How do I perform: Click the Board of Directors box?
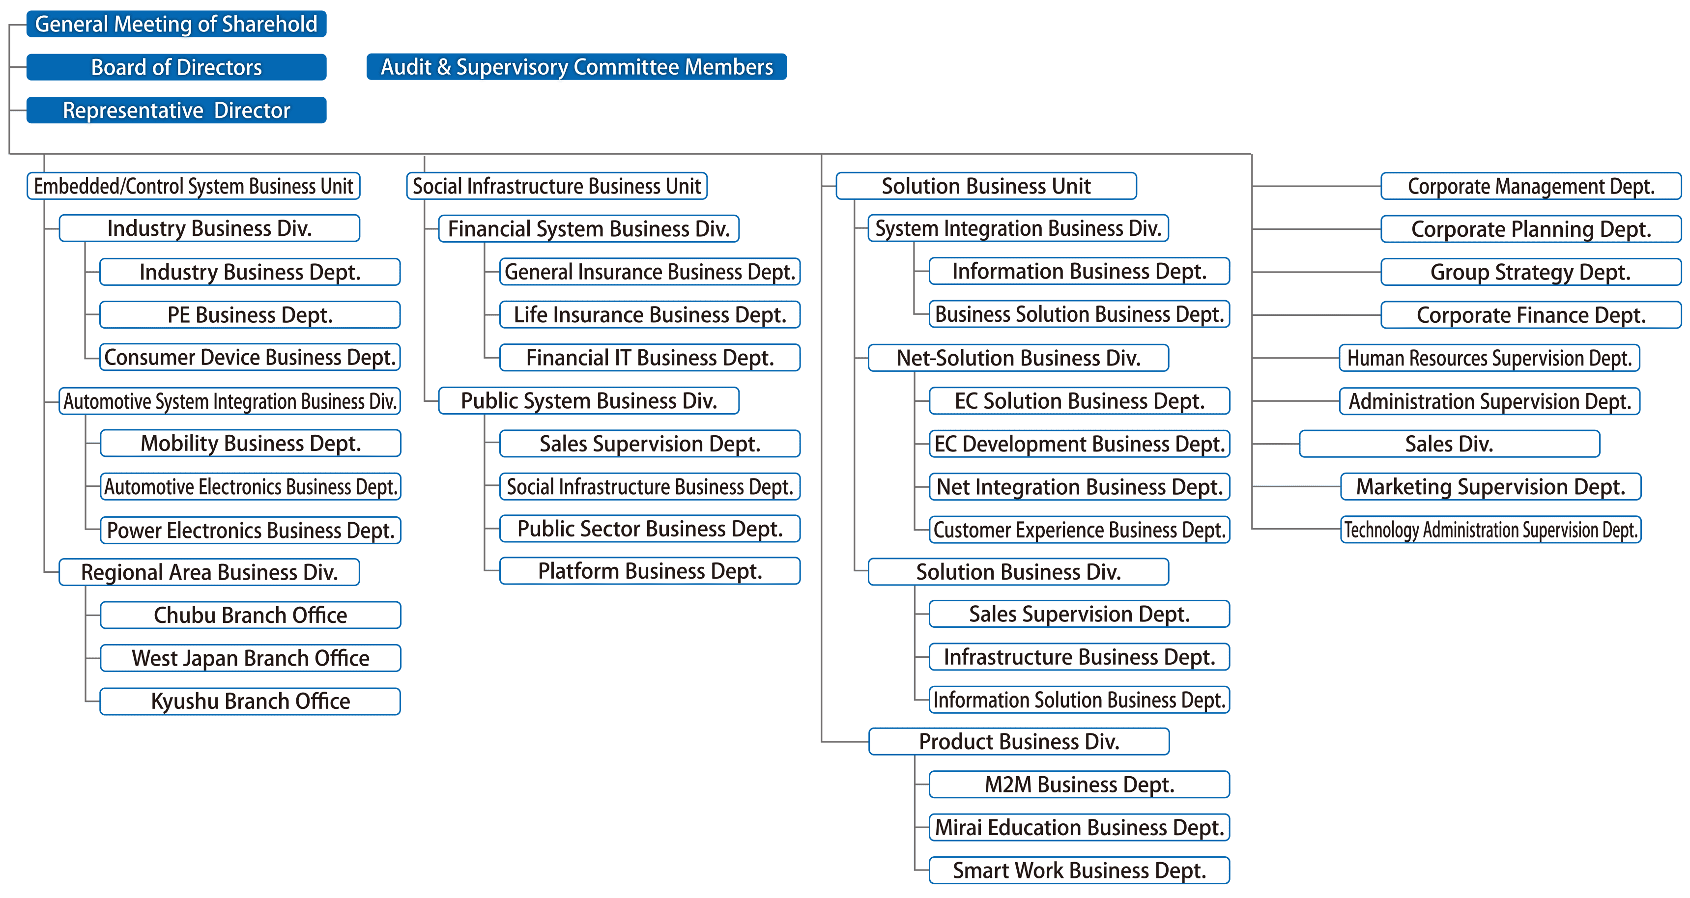coord(176,67)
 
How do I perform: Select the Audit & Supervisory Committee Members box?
coord(576,67)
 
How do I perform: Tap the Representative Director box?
coord(176,110)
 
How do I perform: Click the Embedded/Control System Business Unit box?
coord(194,186)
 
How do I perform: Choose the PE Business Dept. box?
coord(250,315)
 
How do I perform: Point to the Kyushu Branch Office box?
coord(250,701)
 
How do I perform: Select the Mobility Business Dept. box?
coord(250,444)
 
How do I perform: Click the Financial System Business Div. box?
coord(589,229)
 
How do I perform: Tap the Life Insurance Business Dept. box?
coord(650,315)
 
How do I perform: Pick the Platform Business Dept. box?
coord(650,571)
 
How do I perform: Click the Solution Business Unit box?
coord(986,186)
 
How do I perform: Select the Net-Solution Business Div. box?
coord(1018,358)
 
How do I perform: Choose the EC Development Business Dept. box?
coord(1079,444)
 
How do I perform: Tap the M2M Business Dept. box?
coord(1079,785)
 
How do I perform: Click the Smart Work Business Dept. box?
coord(1079,870)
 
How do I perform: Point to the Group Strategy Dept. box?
coord(1531,272)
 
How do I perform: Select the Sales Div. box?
coord(1449,444)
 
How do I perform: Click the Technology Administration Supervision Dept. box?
coord(1490,530)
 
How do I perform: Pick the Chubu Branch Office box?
coord(250,615)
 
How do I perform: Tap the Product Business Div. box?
coord(1018,742)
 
